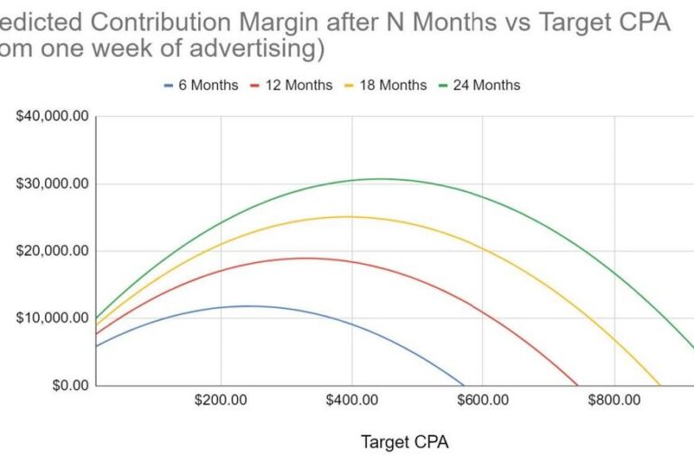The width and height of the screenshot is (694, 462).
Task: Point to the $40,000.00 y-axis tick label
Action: click(53, 116)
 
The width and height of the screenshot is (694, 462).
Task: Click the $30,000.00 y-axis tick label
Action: click(53, 184)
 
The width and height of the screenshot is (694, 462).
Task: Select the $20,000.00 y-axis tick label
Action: click(53, 251)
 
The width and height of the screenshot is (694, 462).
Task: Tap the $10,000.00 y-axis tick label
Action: click(53, 318)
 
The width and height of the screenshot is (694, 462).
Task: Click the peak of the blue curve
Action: click(222, 306)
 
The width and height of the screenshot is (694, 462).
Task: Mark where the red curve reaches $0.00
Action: click(577, 385)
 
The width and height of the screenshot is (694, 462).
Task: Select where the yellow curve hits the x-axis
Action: click(660, 385)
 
